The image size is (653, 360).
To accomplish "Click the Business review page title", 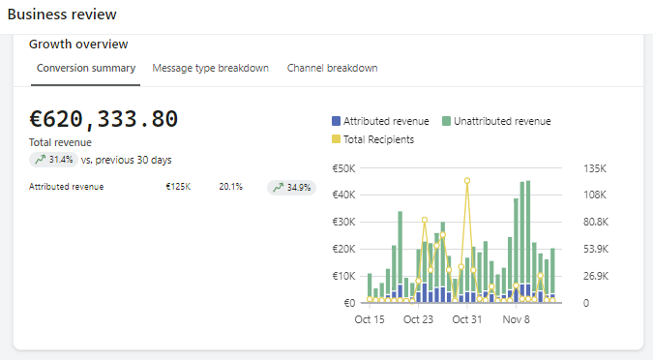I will coord(63,15).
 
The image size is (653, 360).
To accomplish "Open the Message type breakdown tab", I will coord(210,68).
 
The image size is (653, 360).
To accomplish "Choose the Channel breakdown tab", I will coord(332,68).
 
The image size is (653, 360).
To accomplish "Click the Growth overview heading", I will coord(78,44).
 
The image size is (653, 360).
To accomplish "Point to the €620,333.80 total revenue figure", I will coord(104,119).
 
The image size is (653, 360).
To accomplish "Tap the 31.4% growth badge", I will coord(53,160).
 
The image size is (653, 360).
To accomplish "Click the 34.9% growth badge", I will coord(291,187).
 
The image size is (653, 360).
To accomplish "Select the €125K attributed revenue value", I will coord(178,187).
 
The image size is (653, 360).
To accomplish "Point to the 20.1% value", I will coord(230,187).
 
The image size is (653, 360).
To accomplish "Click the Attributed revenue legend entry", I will coord(380,122).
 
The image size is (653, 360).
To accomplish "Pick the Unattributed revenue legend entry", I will coord(496,122).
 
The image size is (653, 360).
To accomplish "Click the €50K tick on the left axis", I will coord(344,167).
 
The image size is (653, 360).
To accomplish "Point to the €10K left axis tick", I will coord(344,276).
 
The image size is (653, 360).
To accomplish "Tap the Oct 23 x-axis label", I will coord(418,319).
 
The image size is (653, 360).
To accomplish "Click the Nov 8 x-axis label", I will coord(516,319).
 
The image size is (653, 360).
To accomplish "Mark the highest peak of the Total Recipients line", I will coord(467,181).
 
